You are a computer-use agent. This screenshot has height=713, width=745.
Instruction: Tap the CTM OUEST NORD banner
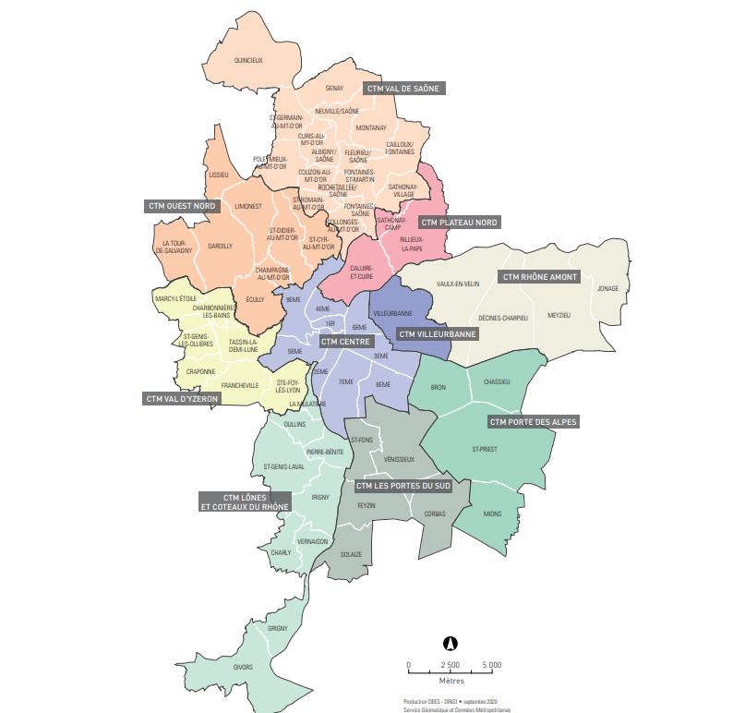pos(181,206)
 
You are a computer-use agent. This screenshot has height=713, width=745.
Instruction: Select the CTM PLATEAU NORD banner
pos(460,223)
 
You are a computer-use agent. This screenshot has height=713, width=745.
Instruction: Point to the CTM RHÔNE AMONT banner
pos(539,276)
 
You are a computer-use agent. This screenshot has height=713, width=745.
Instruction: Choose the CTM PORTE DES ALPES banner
pos(533,422)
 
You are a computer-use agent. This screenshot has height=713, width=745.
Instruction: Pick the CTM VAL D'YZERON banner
pos(181,399)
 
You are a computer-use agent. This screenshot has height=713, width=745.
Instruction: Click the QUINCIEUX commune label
pos(249,61)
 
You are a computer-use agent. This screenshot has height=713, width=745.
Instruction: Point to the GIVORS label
pos(244,666)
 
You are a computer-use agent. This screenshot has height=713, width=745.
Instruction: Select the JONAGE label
pos(607,288)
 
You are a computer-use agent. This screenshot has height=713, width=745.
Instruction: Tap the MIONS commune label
pos(493,513)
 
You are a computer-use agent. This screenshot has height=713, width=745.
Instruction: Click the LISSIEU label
pos(219,174)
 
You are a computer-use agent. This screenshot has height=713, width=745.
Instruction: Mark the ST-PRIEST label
pos(485,450)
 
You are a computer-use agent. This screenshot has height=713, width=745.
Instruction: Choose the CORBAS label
pos(435,514)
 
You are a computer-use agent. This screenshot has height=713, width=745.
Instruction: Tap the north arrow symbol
pos(451,644)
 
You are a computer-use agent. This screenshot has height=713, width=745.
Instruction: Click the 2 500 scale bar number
pos(450,665)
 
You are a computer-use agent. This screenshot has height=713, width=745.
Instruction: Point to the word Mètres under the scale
pos(451,679)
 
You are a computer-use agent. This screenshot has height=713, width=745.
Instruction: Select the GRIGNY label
pos(278,628)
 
